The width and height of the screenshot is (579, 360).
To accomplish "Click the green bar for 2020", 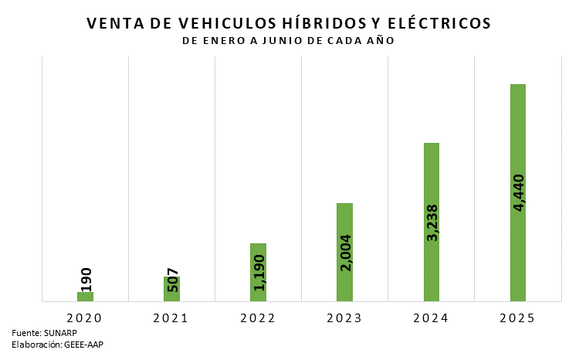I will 85,296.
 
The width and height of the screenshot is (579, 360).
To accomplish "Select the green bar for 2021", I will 171,289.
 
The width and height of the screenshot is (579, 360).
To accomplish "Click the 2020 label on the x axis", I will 84,318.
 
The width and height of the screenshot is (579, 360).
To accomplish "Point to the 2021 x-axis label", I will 171,318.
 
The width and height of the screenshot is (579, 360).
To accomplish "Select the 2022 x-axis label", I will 258,318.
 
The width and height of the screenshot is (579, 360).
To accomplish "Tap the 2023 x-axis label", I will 344,318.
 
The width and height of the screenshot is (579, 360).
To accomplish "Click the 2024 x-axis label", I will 431,318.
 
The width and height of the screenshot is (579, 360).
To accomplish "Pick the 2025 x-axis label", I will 517,318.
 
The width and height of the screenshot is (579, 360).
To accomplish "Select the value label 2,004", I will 345,253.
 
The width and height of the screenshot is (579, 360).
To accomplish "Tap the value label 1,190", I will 259,272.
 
